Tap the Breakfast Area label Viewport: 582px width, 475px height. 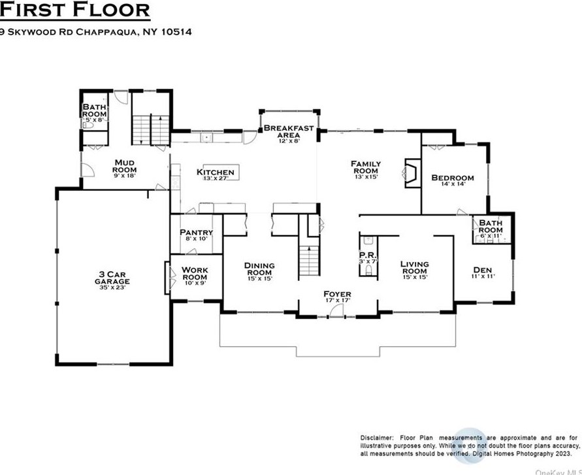[x=289, y=131]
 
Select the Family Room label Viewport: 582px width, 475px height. [x=366, y=167]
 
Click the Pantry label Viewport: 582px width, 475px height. [x=196, y=235]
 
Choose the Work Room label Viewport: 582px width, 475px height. [x=195, y=273]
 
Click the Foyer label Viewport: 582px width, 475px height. [x=337, y=297]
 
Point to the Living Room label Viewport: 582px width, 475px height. [x=414, y=268]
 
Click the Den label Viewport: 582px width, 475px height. [x=483, y=272]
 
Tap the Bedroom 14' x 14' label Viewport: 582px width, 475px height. [x=453, y=180]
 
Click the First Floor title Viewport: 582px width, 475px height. [x=75, y=10]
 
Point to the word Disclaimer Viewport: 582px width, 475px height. [x=376, y=437]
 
